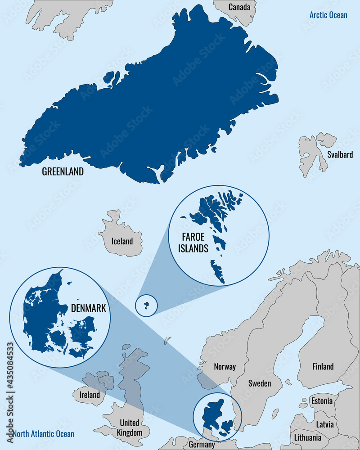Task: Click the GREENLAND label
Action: point(63,171)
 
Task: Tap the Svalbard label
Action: point(340,155)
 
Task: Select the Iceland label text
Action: point(122,241)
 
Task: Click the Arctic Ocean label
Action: point(328,15)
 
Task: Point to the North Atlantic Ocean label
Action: point(44,434)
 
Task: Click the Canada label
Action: point(239,7)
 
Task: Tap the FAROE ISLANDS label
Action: point(195,242)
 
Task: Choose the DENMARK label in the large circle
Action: point(89,309)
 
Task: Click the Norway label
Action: point(225,366)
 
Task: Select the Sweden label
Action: point(260,383)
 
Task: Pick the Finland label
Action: point(323,366)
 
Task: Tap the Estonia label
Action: point(322,401)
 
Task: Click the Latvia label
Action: point(325,424)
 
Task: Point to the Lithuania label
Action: point(308,437)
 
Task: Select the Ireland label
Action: point(89,395)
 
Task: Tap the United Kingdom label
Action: point(130,428)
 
